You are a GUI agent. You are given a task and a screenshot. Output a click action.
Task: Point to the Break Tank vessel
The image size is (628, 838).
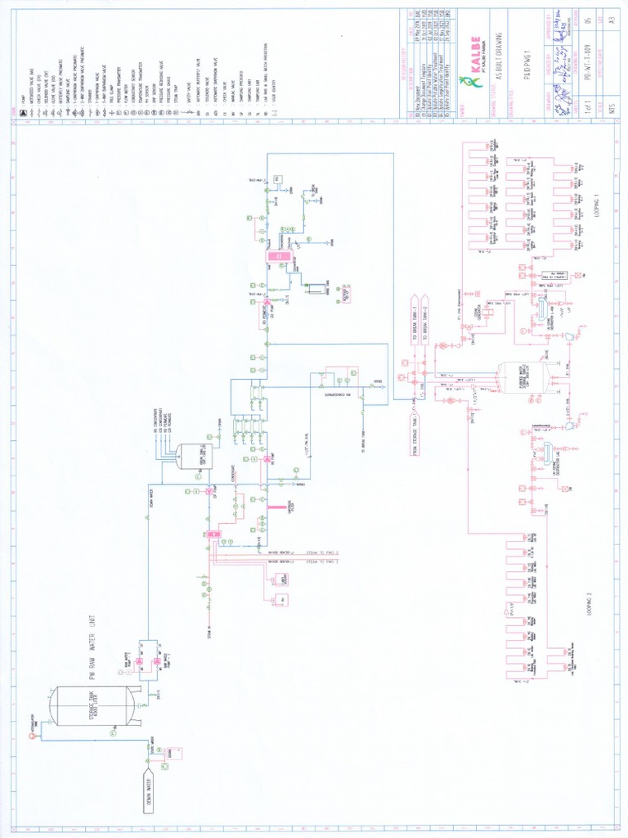195,456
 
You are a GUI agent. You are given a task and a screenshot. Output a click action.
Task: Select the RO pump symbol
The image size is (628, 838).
267,460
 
